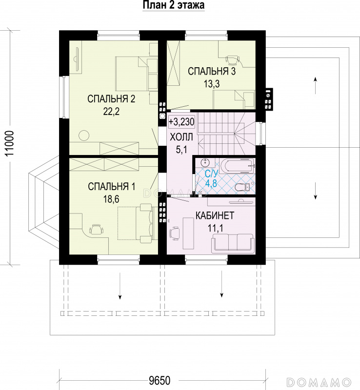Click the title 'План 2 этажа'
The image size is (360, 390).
pyautogui.click(x=174, y=5)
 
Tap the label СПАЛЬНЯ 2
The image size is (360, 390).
pyautogui.click(x=111, y=99)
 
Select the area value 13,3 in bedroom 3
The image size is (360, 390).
pyautogui.click(x=212, y=84)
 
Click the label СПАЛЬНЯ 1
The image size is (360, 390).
pyautogui.click(x=112, y=186)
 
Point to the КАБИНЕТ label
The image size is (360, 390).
pyautogui.click(x=215, y=215)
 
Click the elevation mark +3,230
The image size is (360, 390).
pyautogui.click(x=181, y=122)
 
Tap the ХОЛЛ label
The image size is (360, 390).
pyautogui.click(x=181, y=137)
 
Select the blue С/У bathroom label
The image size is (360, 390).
pyautogui.click(x=211, y=173)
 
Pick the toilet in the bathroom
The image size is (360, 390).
pyautogui.click(x=243, y=187)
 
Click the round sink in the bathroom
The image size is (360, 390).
pyautogui.click(x=205, y=163)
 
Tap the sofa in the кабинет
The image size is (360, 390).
pyautogui.click(x=233, y=243)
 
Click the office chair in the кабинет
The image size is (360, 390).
pyautogui.click(x=174, y=234)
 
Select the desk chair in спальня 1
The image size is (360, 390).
pyautogui.click(x=96, y=229)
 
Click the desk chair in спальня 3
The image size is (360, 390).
pyautogui.click(x=232, y=59)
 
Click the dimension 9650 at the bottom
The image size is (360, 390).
pyautogui.click(x=160, y=380)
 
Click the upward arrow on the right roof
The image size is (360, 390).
pyautogui.click(x=315, y=85)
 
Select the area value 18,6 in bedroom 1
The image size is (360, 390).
pyautogui.click(x=112, y=199)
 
